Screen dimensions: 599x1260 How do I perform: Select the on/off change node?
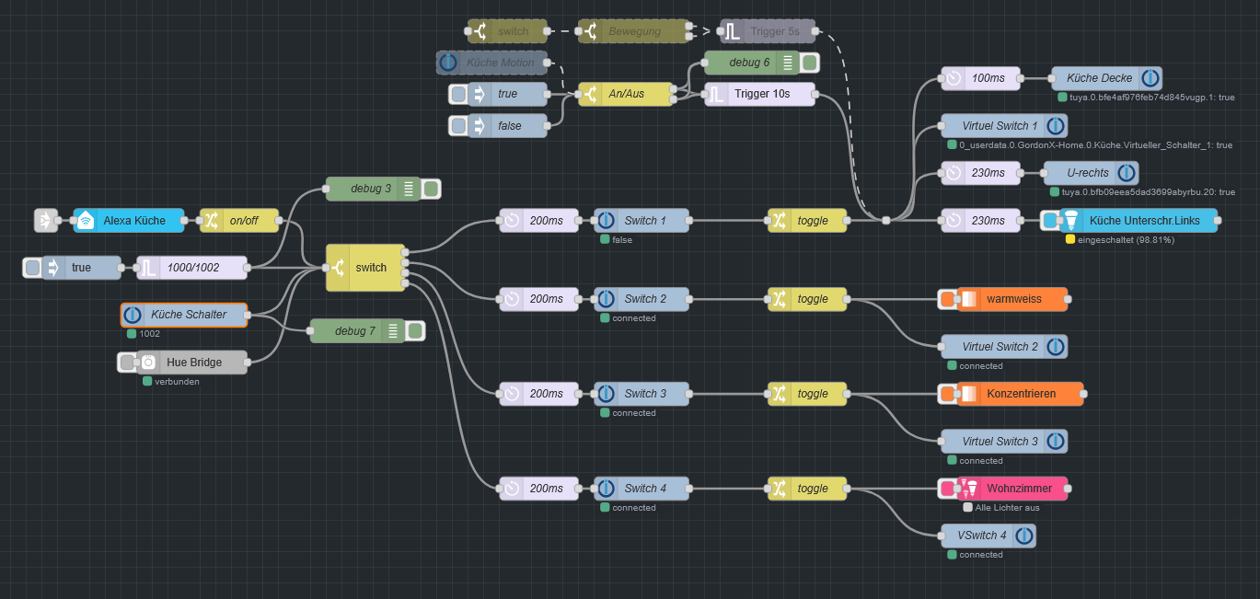[239, 221]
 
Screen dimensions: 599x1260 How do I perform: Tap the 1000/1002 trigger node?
[191, 268]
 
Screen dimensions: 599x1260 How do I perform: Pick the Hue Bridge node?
[191, 363]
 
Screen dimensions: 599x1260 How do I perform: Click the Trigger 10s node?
[760, 94]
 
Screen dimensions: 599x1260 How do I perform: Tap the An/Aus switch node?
[625, 94]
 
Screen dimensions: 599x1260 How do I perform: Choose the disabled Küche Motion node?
[491, 63]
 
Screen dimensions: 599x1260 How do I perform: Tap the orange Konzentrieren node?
[1018, 394]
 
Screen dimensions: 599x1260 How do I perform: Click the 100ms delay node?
[980, 78]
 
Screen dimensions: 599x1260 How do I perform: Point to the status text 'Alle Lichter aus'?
[1008, 508]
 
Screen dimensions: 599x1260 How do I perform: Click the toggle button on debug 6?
[809, 63]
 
